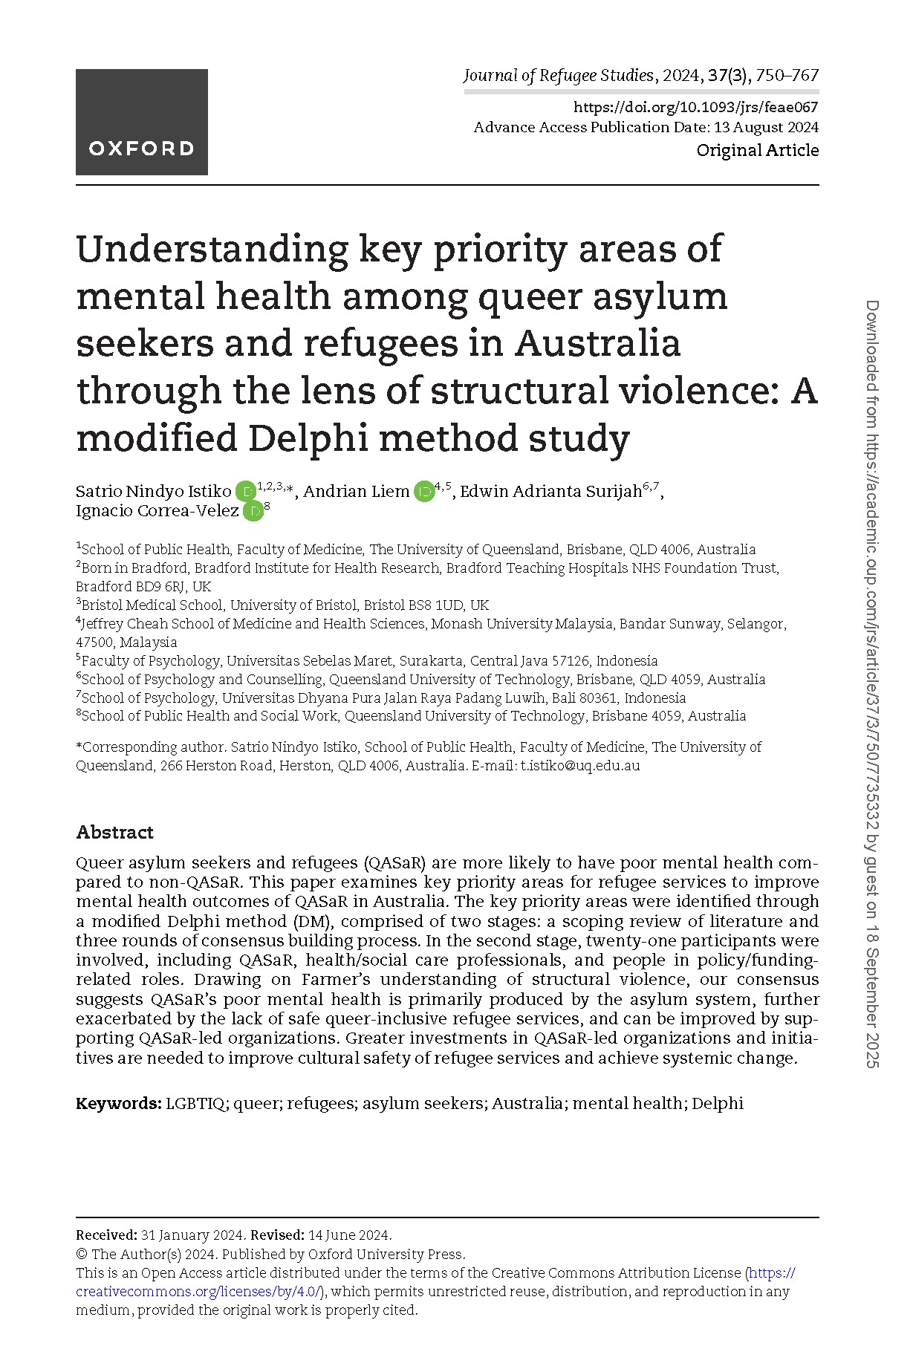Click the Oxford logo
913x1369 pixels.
(x=141, y=122)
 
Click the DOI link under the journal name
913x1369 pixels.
(x=695, y=107)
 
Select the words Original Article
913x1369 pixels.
(x=757, y=150)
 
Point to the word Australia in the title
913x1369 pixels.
(x=598, y=343)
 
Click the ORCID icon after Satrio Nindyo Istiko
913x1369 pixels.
(x=245, y=491)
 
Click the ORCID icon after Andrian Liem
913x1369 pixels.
(x=423, y=491)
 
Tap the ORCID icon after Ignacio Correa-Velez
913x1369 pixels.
(x=253, y=511)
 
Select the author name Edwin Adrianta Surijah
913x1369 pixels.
(x=550, y=492)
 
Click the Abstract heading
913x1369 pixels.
(x=114, y=832)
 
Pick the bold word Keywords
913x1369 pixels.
(x=118, y=1103)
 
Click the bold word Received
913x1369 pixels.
(x=106, y=1235)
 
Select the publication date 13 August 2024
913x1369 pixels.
(x=766, y=127)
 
